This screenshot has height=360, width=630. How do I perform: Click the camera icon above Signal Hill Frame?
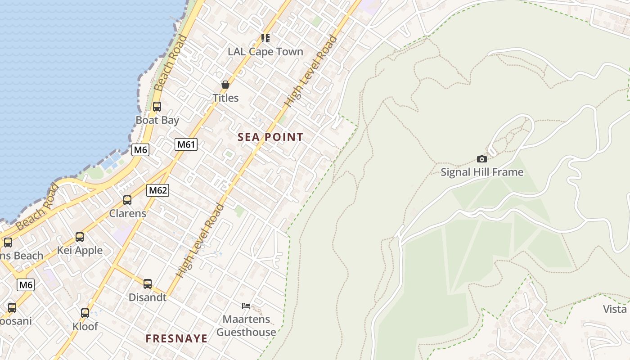482,159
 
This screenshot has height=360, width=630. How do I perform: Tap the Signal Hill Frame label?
482,172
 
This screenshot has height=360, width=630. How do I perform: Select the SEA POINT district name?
270,137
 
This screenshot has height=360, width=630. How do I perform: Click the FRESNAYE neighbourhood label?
177,338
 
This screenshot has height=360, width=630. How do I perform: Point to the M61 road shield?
186,144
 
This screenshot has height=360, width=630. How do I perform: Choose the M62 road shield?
158,190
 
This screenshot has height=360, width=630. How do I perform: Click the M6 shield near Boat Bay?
140,150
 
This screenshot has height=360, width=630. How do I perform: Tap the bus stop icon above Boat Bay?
157,107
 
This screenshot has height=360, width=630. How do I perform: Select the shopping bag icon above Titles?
225,85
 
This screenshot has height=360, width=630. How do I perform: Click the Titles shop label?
225,98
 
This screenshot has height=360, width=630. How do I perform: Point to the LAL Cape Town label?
265,52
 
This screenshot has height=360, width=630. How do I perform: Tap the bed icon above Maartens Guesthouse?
246,306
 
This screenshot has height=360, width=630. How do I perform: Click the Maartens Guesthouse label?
246,326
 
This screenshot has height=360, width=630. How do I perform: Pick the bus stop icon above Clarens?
127,200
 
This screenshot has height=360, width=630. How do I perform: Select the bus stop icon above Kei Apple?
80,237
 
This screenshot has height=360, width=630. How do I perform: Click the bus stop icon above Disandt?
148,284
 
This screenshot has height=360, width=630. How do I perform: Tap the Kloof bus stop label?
85,326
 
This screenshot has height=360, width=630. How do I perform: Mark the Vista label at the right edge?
615,309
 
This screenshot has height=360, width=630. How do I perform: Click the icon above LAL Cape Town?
265,38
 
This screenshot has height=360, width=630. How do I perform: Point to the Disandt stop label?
148,297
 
